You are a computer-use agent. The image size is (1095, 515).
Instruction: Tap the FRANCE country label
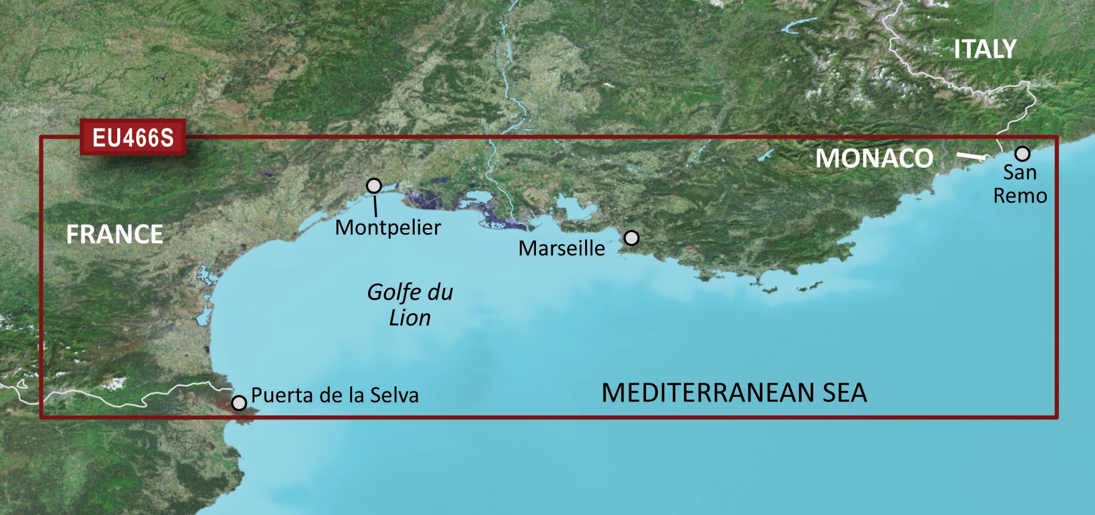(x=115, y=234)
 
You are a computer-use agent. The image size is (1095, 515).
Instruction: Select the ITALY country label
(x=984, y=49)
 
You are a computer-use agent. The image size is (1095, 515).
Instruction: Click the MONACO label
(x=874, y=158)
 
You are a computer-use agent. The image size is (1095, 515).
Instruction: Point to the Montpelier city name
(x=388, y=228)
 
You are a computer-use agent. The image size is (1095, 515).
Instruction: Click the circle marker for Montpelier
(x=374, y=186)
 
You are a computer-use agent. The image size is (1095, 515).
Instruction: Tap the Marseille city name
(x=562, y=249)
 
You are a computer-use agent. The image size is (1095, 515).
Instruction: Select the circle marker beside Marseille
(x=632, y=238)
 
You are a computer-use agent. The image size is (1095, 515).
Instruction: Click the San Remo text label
(x=1020, y=184)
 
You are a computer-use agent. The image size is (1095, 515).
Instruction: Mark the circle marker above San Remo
(x=1022, y=153)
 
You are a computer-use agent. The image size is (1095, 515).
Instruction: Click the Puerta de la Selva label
(x=335, y=395)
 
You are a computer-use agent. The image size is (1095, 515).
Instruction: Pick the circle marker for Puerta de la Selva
(x=239, y=403)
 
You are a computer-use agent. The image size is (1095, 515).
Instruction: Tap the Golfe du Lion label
(x=410, y=305)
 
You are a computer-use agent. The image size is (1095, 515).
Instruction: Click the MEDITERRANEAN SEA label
(x=734, y=393)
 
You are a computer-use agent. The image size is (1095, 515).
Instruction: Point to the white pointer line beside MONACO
(x=972, y=156)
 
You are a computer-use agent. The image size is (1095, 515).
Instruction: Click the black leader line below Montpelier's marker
(x=376, y=206)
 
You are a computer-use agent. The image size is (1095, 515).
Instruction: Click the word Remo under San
(x=1020, y=196)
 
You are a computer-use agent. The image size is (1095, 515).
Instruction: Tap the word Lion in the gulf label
(x=410, y=318)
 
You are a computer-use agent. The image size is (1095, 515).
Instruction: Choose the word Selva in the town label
(x=394, y=395)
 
